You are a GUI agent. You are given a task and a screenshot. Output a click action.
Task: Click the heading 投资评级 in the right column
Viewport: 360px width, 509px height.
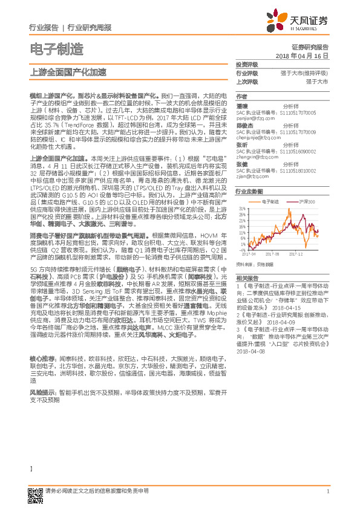(246, 64)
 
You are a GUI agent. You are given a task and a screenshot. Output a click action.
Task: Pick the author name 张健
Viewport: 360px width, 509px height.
(242, 163)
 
